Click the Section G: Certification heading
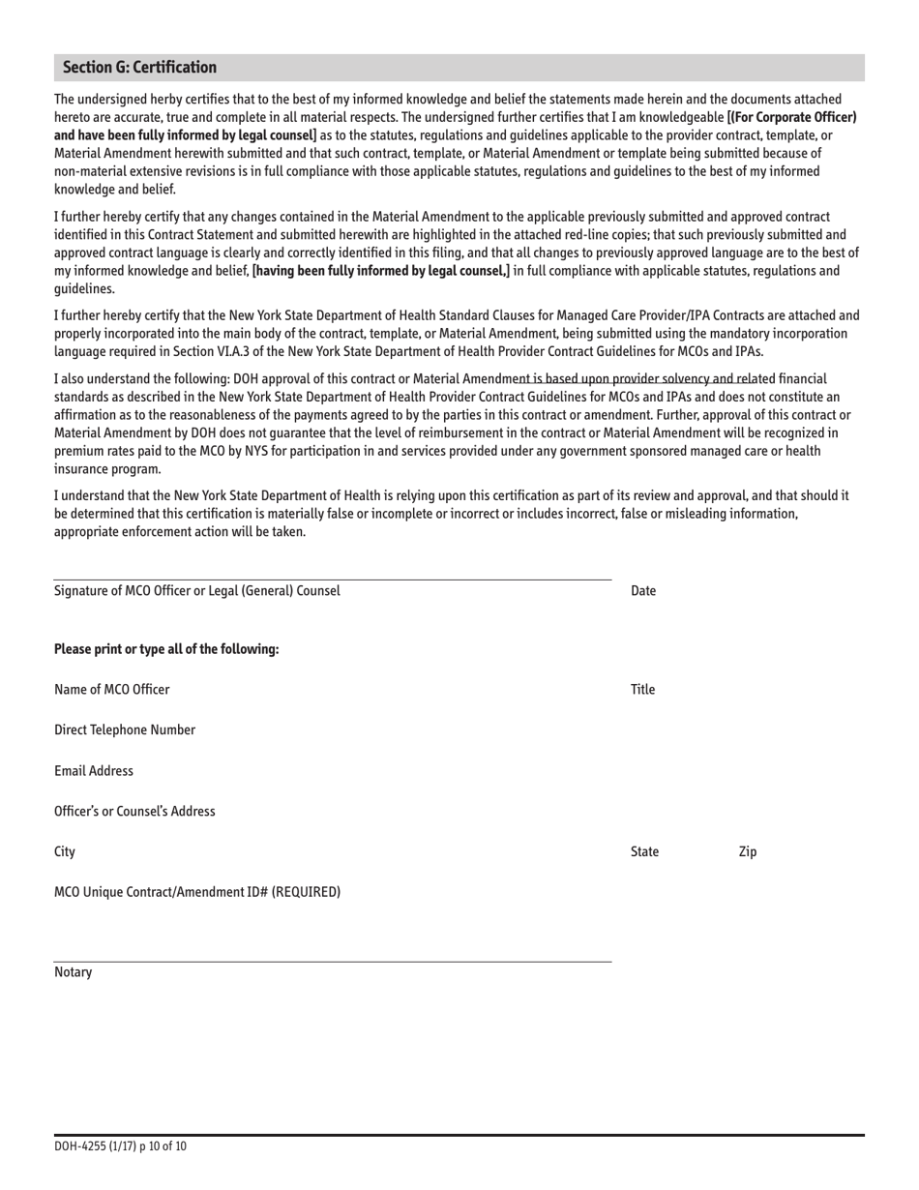click(139, 68)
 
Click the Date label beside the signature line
click(642, 591)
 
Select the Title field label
click(642, 690)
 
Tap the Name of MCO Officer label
click(111, 690)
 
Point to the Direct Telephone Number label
click(124, 730)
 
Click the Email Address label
click(93, 771)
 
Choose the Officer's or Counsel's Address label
click(134, 812)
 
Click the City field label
click(65, 852)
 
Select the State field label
click(644, 852)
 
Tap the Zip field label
click(747, 852)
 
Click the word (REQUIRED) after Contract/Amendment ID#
click(306, 892)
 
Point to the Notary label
click(73, 972)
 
